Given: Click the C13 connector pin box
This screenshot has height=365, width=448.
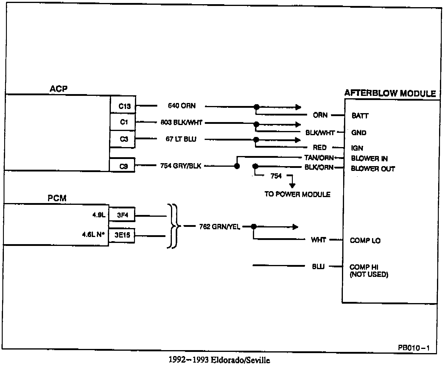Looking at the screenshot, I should pyautogui.click(x=123, y=105).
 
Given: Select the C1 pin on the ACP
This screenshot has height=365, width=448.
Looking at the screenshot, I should pyautogui.click(x=123, y=122).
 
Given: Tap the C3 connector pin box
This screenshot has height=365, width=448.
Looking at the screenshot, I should pyautogui.click(x=123, y=139).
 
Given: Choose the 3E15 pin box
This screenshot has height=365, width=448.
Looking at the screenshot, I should pyautogui.click(x=122, y=235).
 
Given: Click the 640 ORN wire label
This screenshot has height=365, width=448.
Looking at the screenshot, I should pyautogui.click(x=182, y=106).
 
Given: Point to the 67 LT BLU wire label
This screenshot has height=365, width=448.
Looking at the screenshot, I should pyautogui.click(x=181, y=139).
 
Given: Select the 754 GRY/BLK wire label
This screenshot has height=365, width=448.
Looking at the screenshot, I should pyautogui.click(x=181, y=166).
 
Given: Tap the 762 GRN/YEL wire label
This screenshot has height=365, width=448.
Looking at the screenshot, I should pyautogui.click(x=220, y=227).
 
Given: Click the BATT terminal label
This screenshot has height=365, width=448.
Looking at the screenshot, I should pyautogui.click(x=360, y=116).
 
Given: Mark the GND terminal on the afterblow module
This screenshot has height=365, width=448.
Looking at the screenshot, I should pyautogui.click(x=359, y=133).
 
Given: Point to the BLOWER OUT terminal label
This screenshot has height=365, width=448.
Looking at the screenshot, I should pyautogui.click(x=373, y=169).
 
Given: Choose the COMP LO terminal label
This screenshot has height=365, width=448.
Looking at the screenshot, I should pyautogui.click(x=365, y=241).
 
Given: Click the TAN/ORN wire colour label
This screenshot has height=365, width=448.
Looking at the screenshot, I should pyautogui.click(x=319, y=158).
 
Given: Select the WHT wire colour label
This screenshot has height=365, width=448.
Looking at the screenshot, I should pyautogui.click(x=318, y=240).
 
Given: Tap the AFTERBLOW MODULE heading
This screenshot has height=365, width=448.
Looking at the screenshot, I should pyautogui.click(x=390, y=93).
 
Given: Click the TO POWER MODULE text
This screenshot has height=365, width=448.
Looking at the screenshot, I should pyautogui.click(x=297, y=194).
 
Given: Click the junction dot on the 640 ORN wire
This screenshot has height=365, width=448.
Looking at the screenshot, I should pyautogui.click(x=256, y=107).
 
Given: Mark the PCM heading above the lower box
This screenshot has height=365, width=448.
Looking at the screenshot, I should pyautogui.click(x=57, y=198).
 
